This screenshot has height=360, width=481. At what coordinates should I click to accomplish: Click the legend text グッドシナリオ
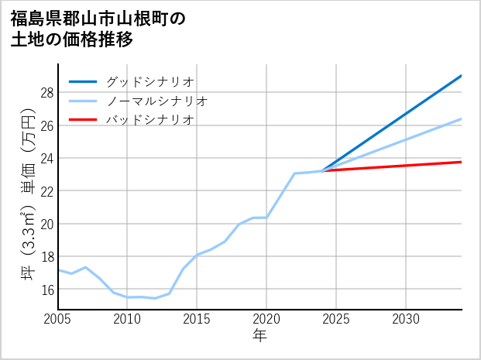[x=149, y=81]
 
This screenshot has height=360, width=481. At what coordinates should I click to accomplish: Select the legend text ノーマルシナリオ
[x=156, y=101]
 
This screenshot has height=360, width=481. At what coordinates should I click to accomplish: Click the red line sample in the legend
[x=84, y=120]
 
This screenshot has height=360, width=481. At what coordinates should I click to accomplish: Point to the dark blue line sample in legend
[x=84, y=81]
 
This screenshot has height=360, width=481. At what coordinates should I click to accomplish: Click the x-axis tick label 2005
[x=58, y=319]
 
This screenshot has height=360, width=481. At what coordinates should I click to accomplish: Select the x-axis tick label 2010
[x=128, y=319]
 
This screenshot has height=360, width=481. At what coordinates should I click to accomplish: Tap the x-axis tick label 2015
[x=198, y=319]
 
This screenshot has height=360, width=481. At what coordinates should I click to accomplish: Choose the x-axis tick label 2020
[x=266, y=319]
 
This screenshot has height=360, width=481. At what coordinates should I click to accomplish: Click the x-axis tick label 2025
[x=336, y=319]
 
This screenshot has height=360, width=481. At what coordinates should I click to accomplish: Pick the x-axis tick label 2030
[x=406, y=319]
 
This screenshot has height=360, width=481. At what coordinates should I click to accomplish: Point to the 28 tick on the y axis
[x=46, y=93]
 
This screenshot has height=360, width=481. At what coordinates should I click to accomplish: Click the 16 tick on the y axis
[x=46, y=290]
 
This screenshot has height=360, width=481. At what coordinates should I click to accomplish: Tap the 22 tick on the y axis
[x=46, y=191]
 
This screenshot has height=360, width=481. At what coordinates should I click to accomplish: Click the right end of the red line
[x=462, y=162]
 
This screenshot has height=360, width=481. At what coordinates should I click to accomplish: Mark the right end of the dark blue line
[x=462, y=76]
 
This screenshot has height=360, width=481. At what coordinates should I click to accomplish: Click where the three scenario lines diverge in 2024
[x=322, y=170]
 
